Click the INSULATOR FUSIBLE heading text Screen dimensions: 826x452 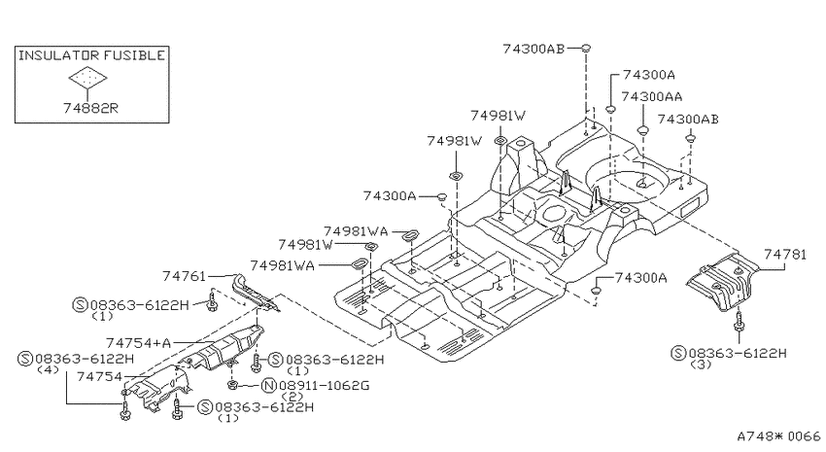(x=91, y=55)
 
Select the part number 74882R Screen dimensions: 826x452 (x=90, y=108)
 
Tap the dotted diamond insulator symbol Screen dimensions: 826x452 (x=88, y=79)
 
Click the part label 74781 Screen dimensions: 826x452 (x=785, y=255)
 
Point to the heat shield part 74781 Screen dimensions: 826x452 (x=722, y=282)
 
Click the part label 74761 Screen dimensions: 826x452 (x=184, y=275)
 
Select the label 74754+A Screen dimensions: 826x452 (x=139, y=343)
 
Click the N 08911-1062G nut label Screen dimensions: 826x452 (x=316, y=386)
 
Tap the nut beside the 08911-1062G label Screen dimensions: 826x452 (x=232, y=385)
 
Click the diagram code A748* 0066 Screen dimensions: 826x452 (x=778, y=436)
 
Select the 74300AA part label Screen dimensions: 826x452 (x=652, y=97)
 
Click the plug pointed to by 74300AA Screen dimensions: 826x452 (x=642, y=129)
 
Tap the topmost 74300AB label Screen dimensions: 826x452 (x=533, y=49)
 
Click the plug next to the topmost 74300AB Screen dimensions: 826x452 (x=585, y=48)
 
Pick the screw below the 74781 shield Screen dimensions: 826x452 (x=740, y=322)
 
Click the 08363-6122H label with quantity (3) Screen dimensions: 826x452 (x=729, y=353)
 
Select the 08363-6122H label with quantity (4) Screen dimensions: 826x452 (x=76, y=360)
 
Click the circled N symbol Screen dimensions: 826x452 (x=268, y=386)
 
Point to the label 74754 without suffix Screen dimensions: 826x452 (x=99, y=377)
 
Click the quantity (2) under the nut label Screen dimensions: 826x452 (x=292, y=397)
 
